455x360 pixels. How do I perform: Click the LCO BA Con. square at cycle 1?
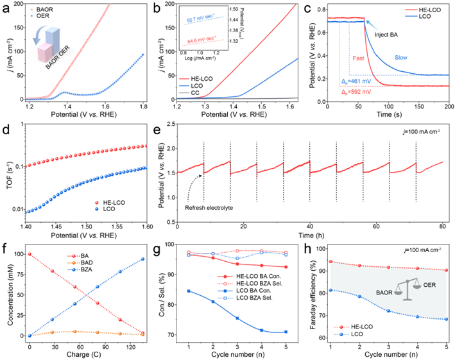[x=187, y=291]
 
